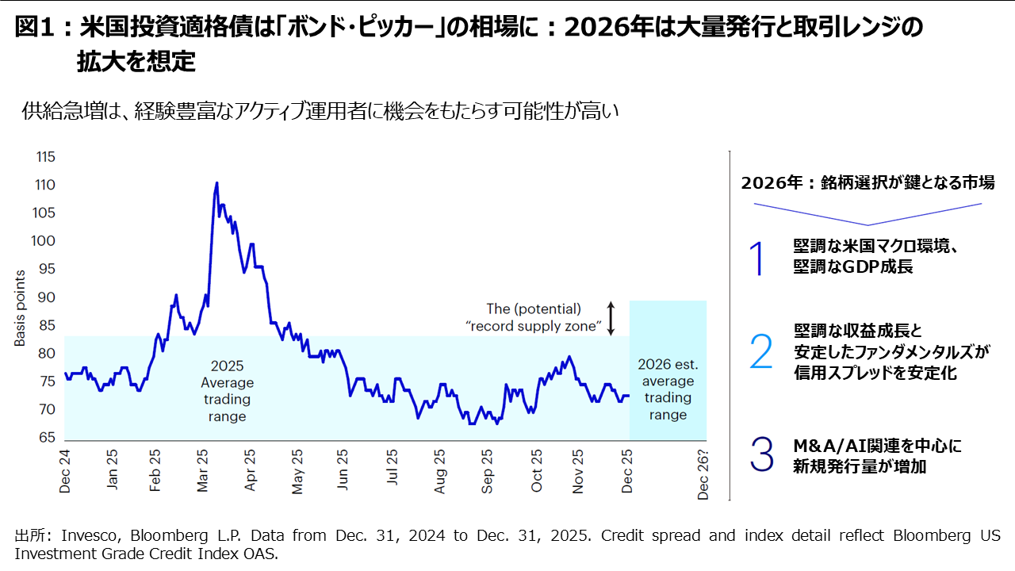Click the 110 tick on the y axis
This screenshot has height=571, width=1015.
pyautogui.click(x=45, y=185)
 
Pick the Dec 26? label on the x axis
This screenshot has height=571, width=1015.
pyautogui.click(x=703, y=473)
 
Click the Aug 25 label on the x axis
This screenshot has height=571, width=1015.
pyautogui.click(x=441, y=473)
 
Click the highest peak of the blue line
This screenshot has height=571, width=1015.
pyautogui.click(x=216, y=183)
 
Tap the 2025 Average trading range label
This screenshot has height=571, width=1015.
pyautogui.click(x=228, y=391)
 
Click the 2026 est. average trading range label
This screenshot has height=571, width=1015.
pyautogui.click(x=668, y=389)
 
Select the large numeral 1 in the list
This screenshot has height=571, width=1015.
pyautogui.click(x=759, y=259)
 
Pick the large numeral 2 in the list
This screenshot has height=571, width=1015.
pyautogui.click(x=760, y=351)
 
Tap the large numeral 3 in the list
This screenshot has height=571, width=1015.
pyautogui.click(x=760, y=455)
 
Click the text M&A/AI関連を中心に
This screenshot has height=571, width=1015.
pyautogui.click(x=877, y=446)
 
